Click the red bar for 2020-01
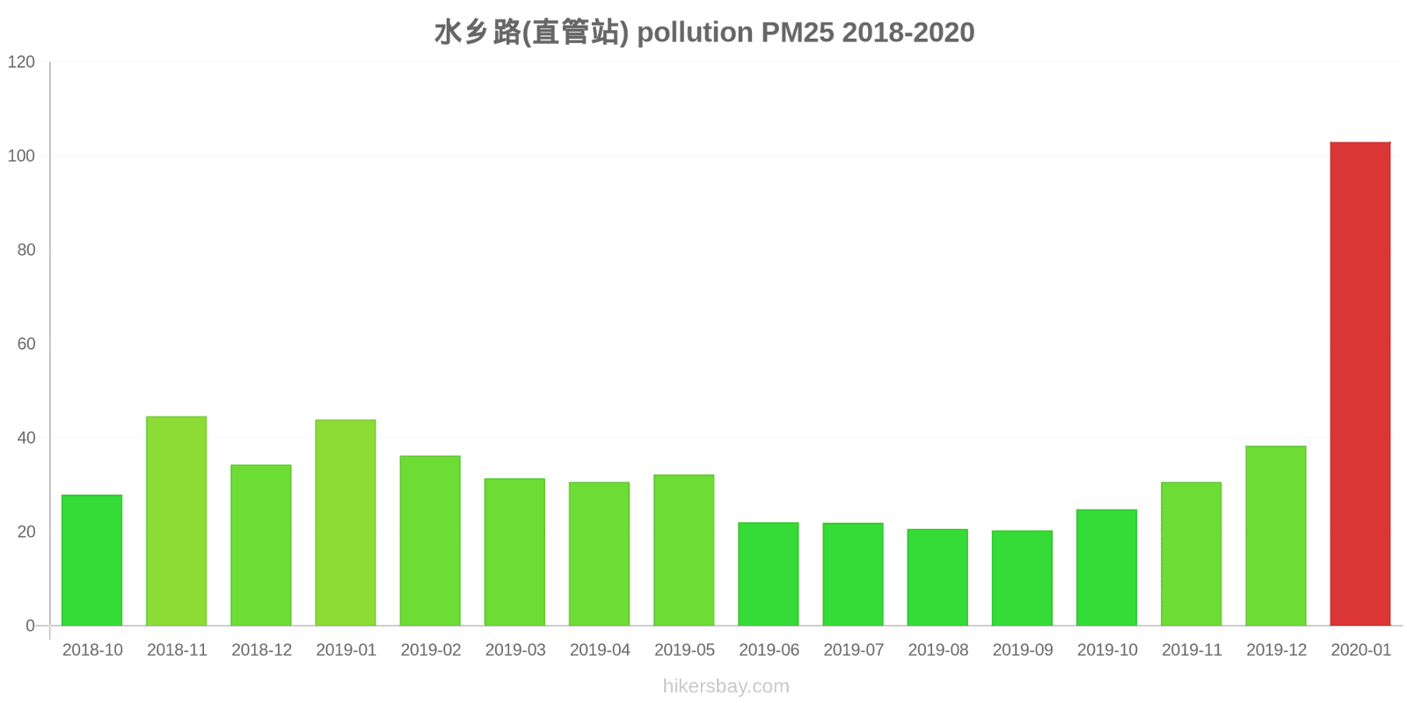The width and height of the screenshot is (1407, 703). click(x=1360, y=384)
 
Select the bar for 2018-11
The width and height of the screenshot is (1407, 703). click(x=177, y=521)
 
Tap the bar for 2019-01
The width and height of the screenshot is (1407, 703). click(x=346, y=523)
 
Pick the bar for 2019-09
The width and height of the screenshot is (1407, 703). click(x=1022, y=578)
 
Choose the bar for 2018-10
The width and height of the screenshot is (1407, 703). click(x=92, y=561)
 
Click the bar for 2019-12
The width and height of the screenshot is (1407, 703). click(x=1276, y=536)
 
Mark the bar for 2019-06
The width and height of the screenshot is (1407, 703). click(x=769, y=574)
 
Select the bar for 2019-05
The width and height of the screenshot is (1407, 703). click(x=684, y=550)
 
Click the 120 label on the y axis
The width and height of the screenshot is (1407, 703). click(x=21, y=62)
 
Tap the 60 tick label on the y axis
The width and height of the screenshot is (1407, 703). click(x=26, y=344)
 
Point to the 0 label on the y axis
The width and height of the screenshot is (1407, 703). click(x=31, y=626)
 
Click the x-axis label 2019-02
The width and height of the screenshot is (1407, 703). click(x=431, y=650)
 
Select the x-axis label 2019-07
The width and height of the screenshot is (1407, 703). click(x=853, y=650)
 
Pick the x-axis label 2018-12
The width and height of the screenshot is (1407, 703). click(x=261, y=650)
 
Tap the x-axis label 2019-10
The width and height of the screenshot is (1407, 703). click(x=1107, y=650)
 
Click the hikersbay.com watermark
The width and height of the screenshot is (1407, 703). click(x=726, y=686)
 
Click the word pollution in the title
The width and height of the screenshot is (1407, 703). click(x=695, y=33)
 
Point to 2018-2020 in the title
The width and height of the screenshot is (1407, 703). click(x=908, y=33)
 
